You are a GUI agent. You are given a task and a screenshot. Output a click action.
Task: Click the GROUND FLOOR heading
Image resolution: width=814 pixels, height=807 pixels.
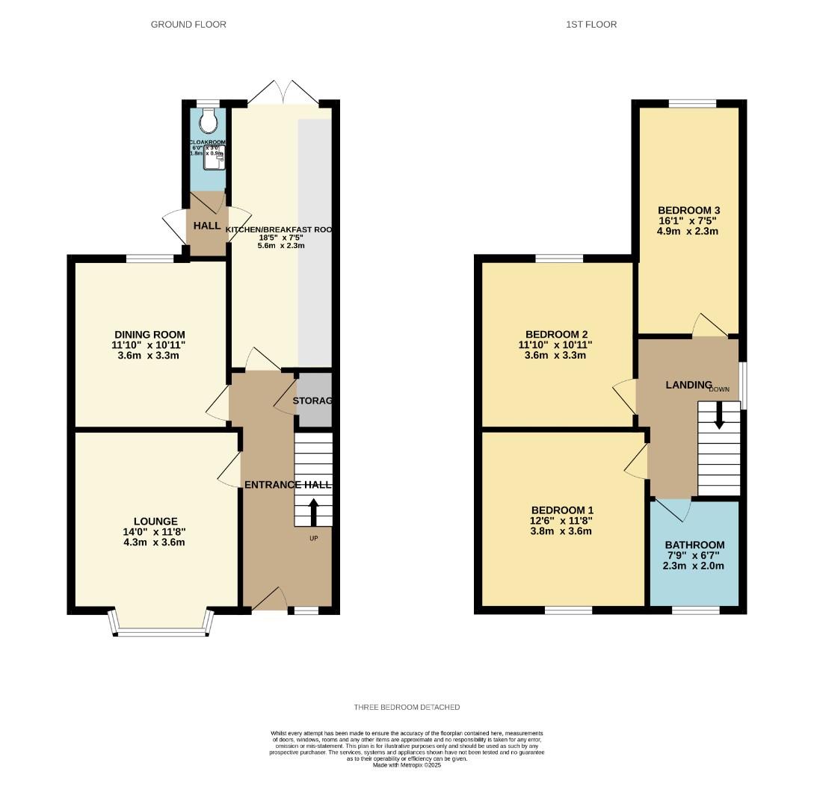click(188, 25)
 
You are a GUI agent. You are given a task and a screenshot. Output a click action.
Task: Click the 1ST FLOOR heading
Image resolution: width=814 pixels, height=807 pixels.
click(591, 25)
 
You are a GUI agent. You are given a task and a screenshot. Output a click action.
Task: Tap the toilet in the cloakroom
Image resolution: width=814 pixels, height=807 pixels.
click(209, 120)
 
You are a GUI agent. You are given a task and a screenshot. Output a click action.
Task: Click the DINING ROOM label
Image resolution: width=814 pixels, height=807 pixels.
click(149, 334)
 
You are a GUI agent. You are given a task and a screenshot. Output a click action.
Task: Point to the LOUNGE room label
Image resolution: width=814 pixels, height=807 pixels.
click(155, 521)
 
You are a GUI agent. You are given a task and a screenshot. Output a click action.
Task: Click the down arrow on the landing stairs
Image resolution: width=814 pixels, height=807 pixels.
click(719, 416)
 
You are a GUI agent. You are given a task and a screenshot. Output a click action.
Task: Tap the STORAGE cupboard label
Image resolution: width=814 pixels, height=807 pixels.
click(312, 401)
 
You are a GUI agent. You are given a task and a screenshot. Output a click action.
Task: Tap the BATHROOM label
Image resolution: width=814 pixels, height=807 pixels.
click(694, 545)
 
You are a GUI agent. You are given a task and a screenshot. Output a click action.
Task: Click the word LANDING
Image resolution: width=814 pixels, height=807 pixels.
click(688, 385)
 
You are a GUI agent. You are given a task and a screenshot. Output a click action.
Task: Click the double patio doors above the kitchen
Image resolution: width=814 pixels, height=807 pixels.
click(283, 93)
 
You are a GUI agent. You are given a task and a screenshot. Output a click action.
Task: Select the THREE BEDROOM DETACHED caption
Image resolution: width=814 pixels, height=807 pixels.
click(407, 707)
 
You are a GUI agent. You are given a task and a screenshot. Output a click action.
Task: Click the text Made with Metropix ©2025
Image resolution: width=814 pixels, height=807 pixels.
click(407, 765)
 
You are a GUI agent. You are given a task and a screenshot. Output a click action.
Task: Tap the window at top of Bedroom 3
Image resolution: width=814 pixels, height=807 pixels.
click(692, 104)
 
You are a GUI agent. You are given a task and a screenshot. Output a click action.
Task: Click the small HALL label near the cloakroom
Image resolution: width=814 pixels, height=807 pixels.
click(207, 226)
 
